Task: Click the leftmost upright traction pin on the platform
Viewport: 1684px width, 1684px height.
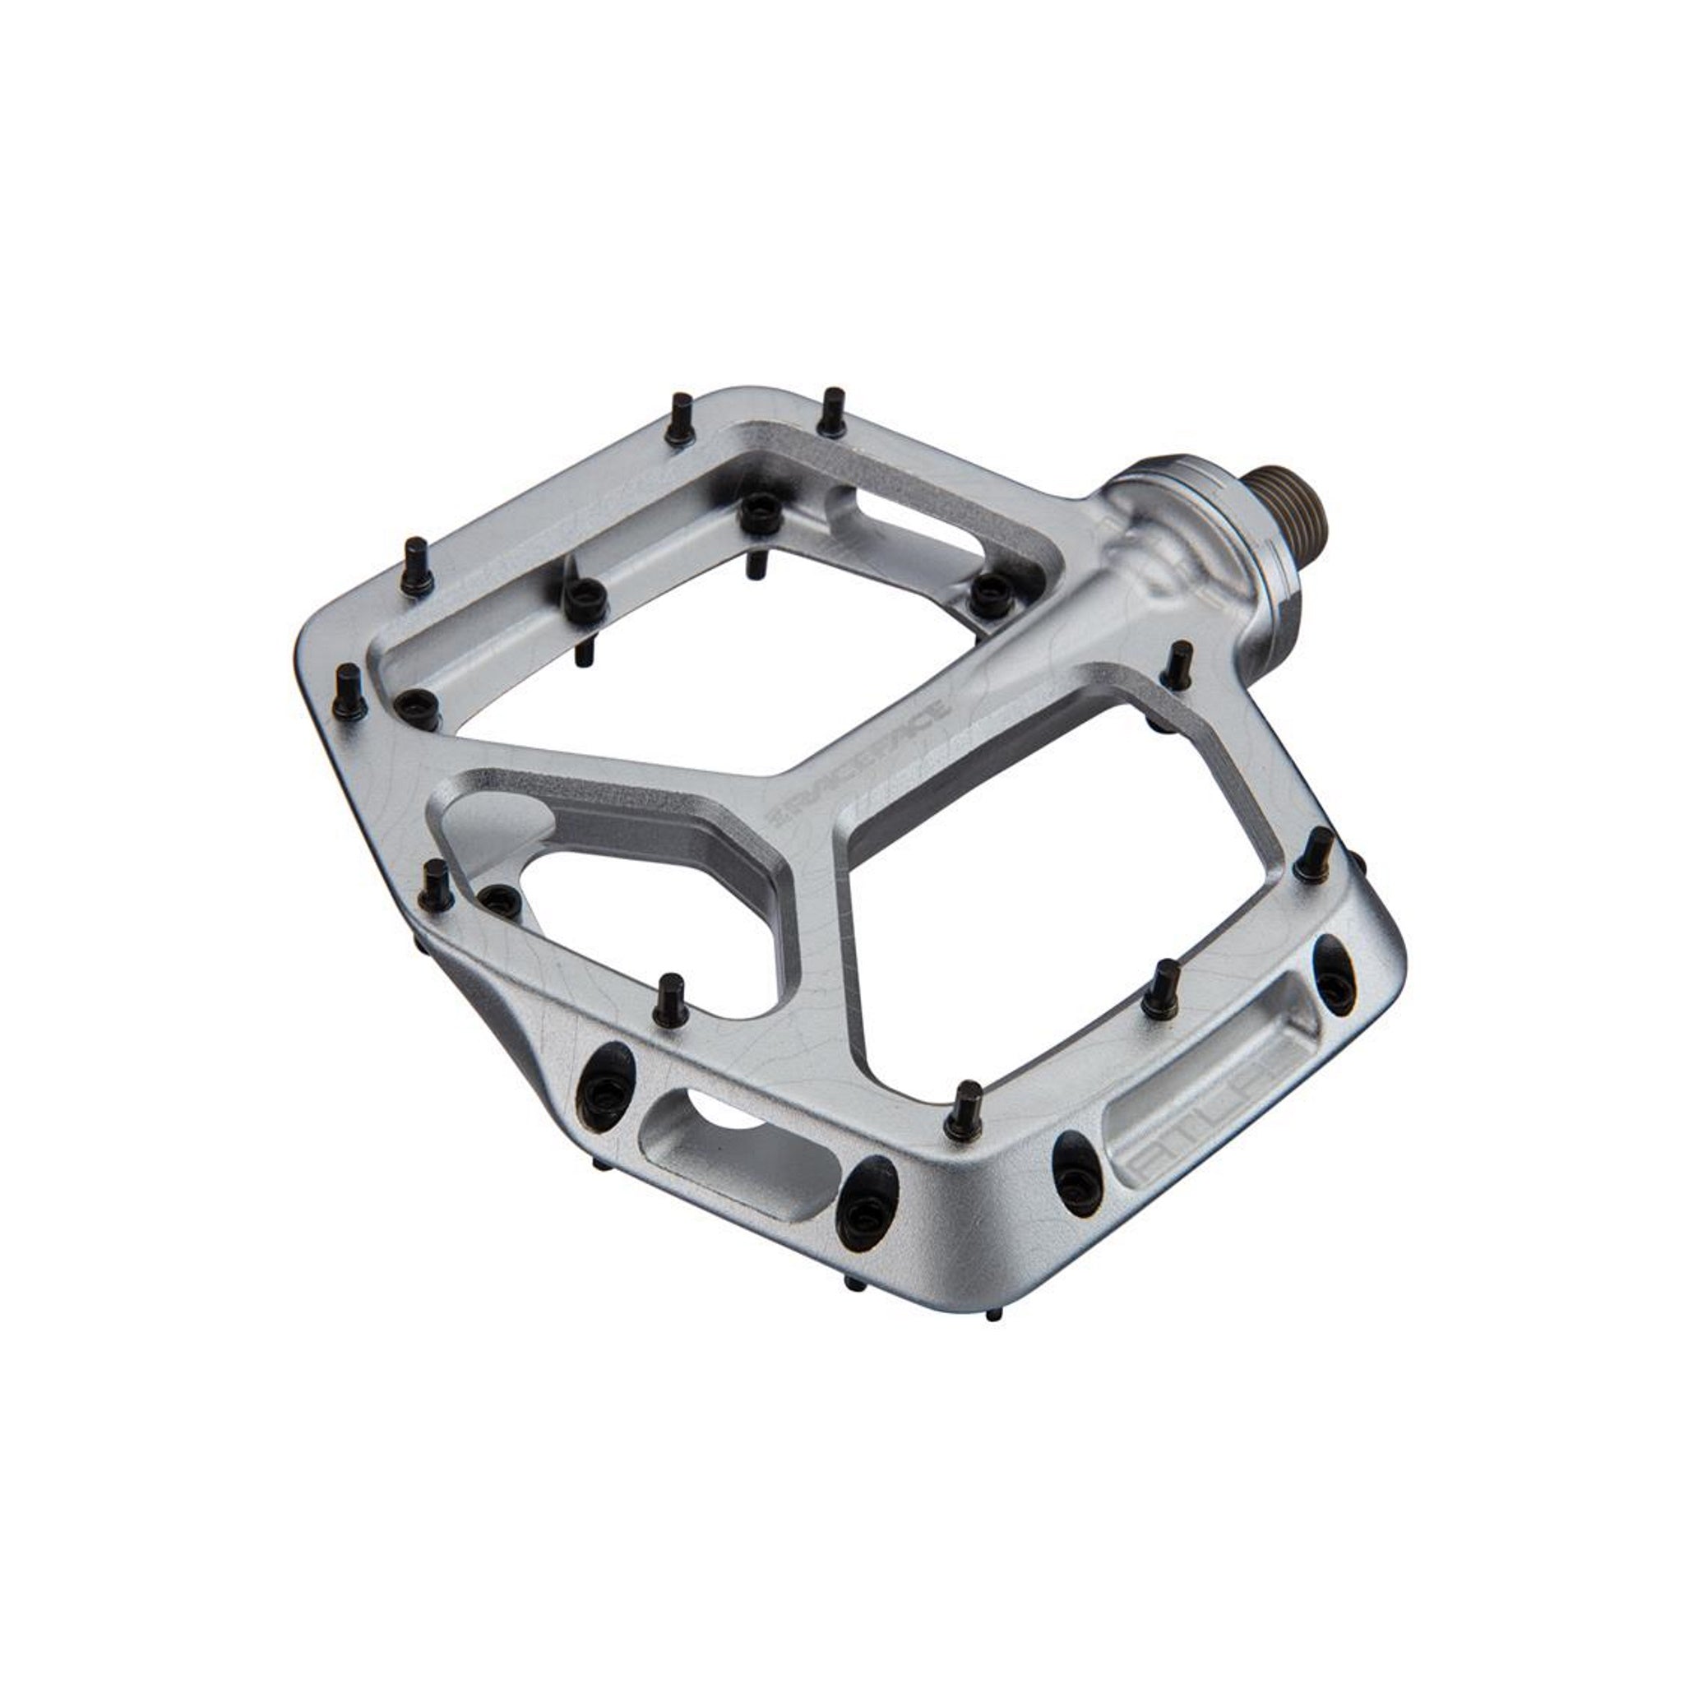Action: click(348, 688)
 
